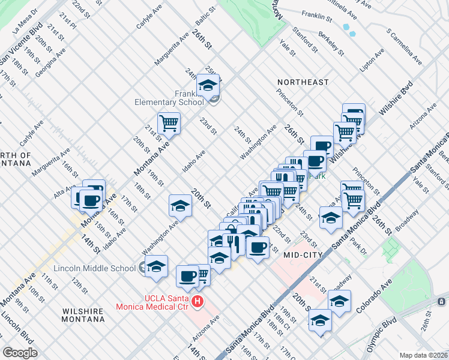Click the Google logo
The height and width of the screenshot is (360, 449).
coord(20,353)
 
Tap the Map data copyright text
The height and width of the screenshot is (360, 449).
coord(424,355)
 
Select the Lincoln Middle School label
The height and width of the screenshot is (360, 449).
coord(95,268)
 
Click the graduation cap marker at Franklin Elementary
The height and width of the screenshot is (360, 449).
coord(208,86)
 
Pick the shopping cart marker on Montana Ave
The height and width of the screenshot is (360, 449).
coord(169,124)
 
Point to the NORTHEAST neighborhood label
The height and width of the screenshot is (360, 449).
coord(303,82)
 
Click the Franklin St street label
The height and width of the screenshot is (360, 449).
coord(317,14)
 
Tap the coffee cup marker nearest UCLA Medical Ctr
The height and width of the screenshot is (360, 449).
coord(188,277)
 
